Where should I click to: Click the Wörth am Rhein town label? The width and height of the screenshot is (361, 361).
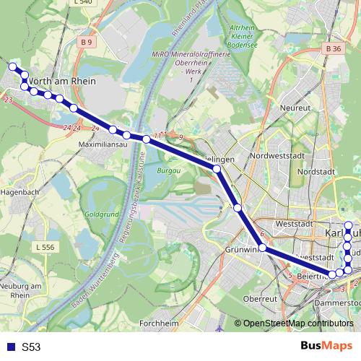[x=55, y=80]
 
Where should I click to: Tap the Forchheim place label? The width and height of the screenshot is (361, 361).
[x=159, y=323]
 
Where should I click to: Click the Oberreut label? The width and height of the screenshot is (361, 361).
[x=261, y=298]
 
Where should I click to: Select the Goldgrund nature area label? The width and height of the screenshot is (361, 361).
[x=101, y=215]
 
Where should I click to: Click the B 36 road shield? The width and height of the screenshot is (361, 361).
[x=333, y=48]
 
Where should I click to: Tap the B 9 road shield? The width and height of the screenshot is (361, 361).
[x=87, y=43]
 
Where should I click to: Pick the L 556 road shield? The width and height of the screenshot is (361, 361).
[x=45, y=248]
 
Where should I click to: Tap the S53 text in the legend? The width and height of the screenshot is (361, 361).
[x=31, y=347]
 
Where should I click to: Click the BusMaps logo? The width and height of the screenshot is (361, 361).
[x=326, y=346]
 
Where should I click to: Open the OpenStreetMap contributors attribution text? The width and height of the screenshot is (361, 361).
[x=297, y=323]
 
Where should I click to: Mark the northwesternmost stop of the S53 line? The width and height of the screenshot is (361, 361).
[x=12, y=67]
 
